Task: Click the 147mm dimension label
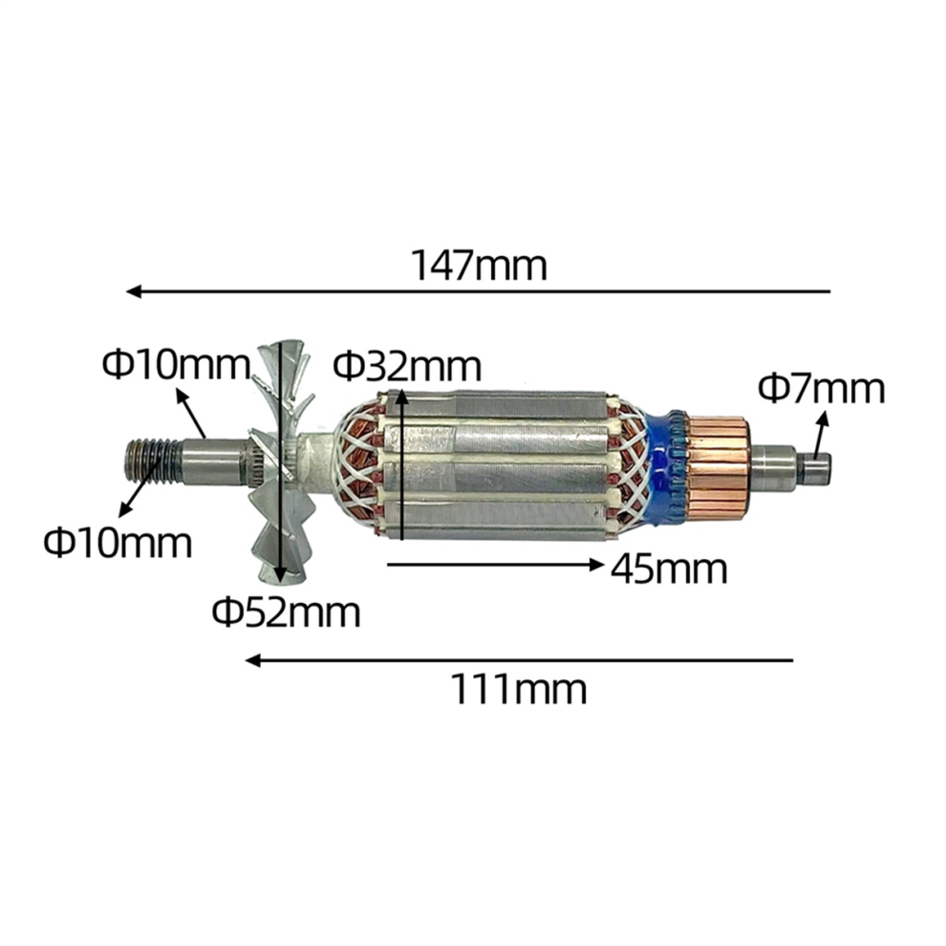[479, 266]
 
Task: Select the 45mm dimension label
[669, 569]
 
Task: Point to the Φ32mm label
[408, 366]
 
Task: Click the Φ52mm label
[286, 612]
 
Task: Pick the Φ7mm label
[822, 389]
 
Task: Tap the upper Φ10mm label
[176, 364]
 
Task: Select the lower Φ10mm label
[118, 542]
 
